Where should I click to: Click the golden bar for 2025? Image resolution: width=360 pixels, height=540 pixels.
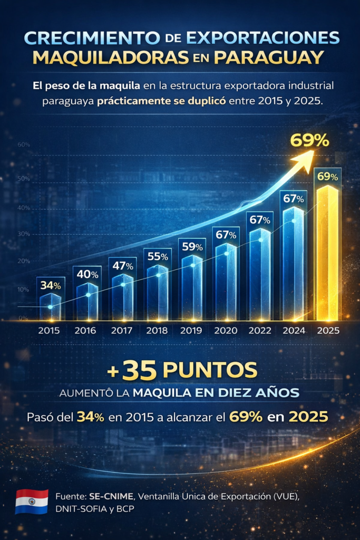pyautogui.click(x=327, y=253)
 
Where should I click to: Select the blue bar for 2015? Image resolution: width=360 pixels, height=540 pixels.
pyautogui.click(x=50, y=307)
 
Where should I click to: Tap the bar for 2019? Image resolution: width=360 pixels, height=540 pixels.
pyautogui.click(x=192, y=287)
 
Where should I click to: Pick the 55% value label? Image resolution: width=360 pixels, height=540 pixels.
pyautogui.click(x=158, y=257)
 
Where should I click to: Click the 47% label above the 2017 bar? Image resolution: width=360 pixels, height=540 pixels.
pyautogui.click(x=122, y=266)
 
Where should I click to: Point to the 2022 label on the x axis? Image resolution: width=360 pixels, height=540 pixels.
pyautogui.click(x=262, y=331)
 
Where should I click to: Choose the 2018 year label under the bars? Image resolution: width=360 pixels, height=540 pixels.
pyautogui.click(x=157, y=331)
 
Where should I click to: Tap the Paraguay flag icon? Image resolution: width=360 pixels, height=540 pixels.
pyautogui.click(x=32, y=502)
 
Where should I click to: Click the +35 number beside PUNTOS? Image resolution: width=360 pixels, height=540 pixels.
pyautogui.click(x=132, y=370)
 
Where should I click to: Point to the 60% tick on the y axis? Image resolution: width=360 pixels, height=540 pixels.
pyautogui.click(x=23, y=144)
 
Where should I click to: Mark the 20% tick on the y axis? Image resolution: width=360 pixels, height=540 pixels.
pyautogui.click(x=23, y=261)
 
